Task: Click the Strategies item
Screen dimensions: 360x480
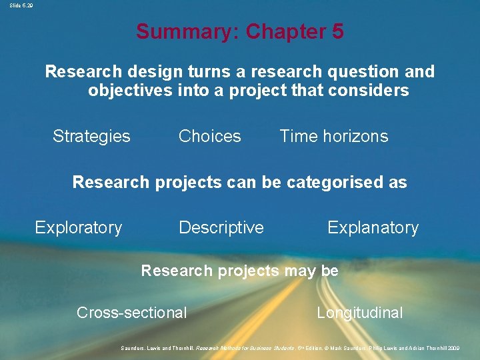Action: coord(91,137)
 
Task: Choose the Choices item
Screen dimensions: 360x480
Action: coord(210,137)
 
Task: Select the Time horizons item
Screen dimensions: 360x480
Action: coord(333,137)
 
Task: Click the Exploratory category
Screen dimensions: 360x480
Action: coord(79,228)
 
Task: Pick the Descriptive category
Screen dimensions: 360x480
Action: coord(221,228)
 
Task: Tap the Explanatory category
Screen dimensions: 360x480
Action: coord(373,228)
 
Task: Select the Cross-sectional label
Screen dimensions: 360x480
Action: coord(132,313)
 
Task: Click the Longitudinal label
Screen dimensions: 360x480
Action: coord(360,313)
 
